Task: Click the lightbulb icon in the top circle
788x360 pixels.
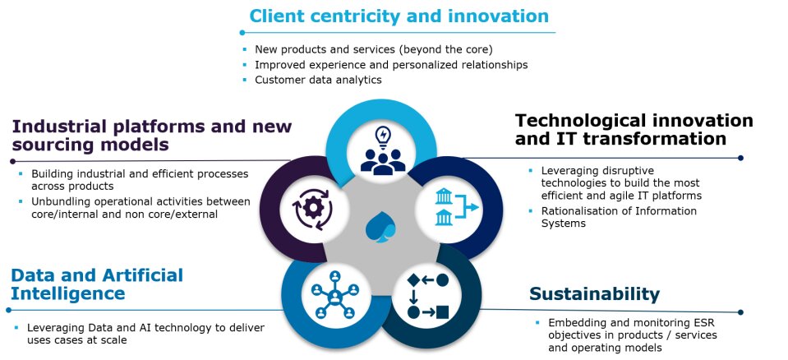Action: (x=383, y=137)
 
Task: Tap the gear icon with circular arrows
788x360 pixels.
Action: (x=312, y=209)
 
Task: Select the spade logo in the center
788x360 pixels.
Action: (x=380, y=227)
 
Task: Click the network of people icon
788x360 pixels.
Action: (x=334, y=294)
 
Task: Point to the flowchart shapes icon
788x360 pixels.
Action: (x=427, y=296)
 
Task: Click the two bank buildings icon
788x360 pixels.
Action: (x=456, y=206)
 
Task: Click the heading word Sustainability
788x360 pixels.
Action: (x=594, y=294)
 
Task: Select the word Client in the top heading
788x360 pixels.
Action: (x=277, y=16)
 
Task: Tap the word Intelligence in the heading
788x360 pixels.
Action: (x=68, y=293)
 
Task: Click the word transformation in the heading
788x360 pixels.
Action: (x=639, y=139)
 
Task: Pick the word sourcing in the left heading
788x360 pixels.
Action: (x=51, y=145)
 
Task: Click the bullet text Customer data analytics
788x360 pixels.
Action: (x=318, y=80)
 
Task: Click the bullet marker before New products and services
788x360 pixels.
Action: (x=245, y=49)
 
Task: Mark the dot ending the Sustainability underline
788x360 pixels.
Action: (x=740, y=312)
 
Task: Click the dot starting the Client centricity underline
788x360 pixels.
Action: (x=242, y=33)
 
